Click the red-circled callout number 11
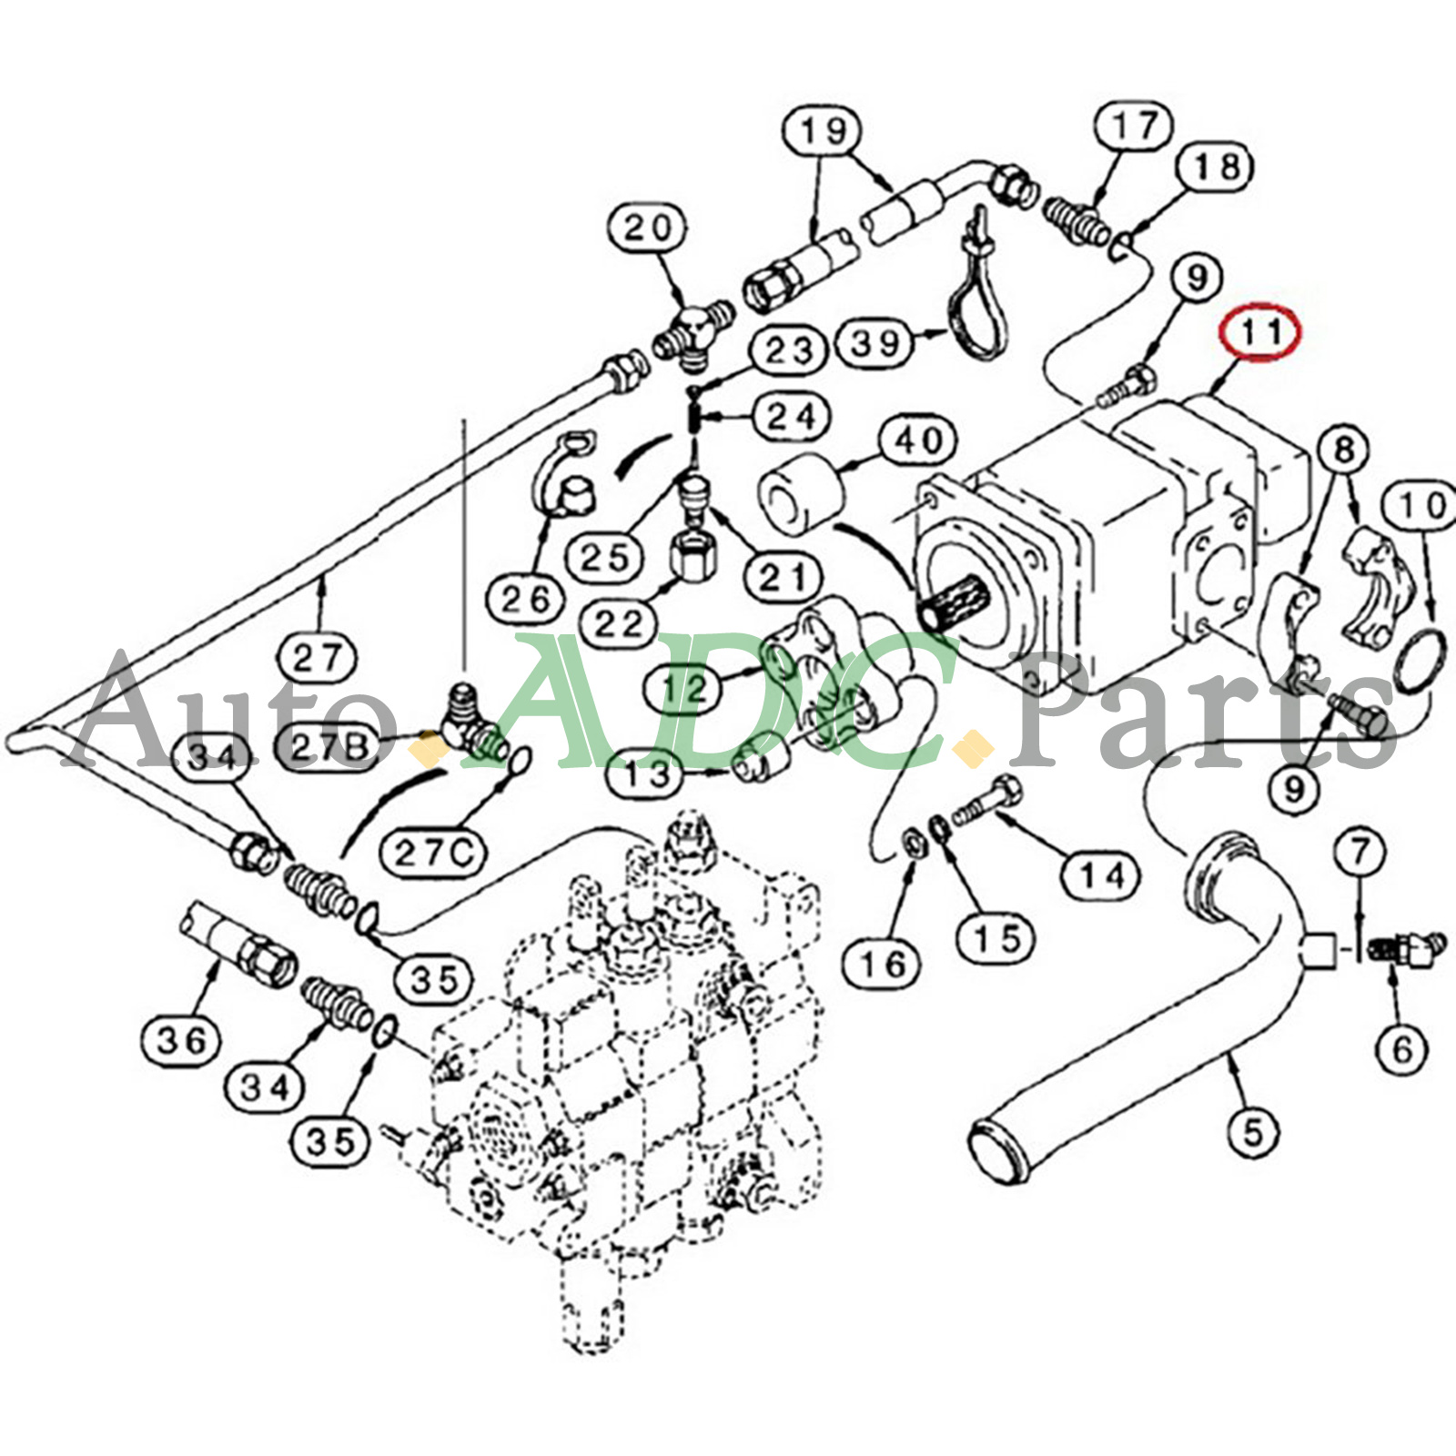[1261, 333]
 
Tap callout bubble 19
[824, 132]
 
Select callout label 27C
[434, 853]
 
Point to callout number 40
[918, 441]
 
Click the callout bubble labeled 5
[1253, 1133]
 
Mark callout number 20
[647, 228]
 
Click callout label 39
[875, 343]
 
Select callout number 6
[1401, 1049]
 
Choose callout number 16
[882, 963]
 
